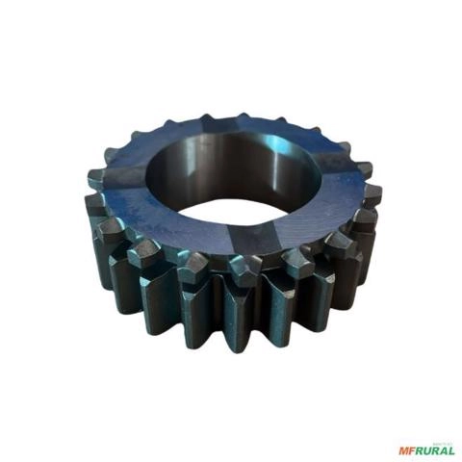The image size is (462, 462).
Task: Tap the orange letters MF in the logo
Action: (x=407, y=449)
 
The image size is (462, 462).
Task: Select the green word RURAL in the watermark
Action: (x=435, y=449)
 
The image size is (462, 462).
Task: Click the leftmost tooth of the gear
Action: (x=95, y=179)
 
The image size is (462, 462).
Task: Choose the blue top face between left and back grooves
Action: (x=154, y=144)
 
